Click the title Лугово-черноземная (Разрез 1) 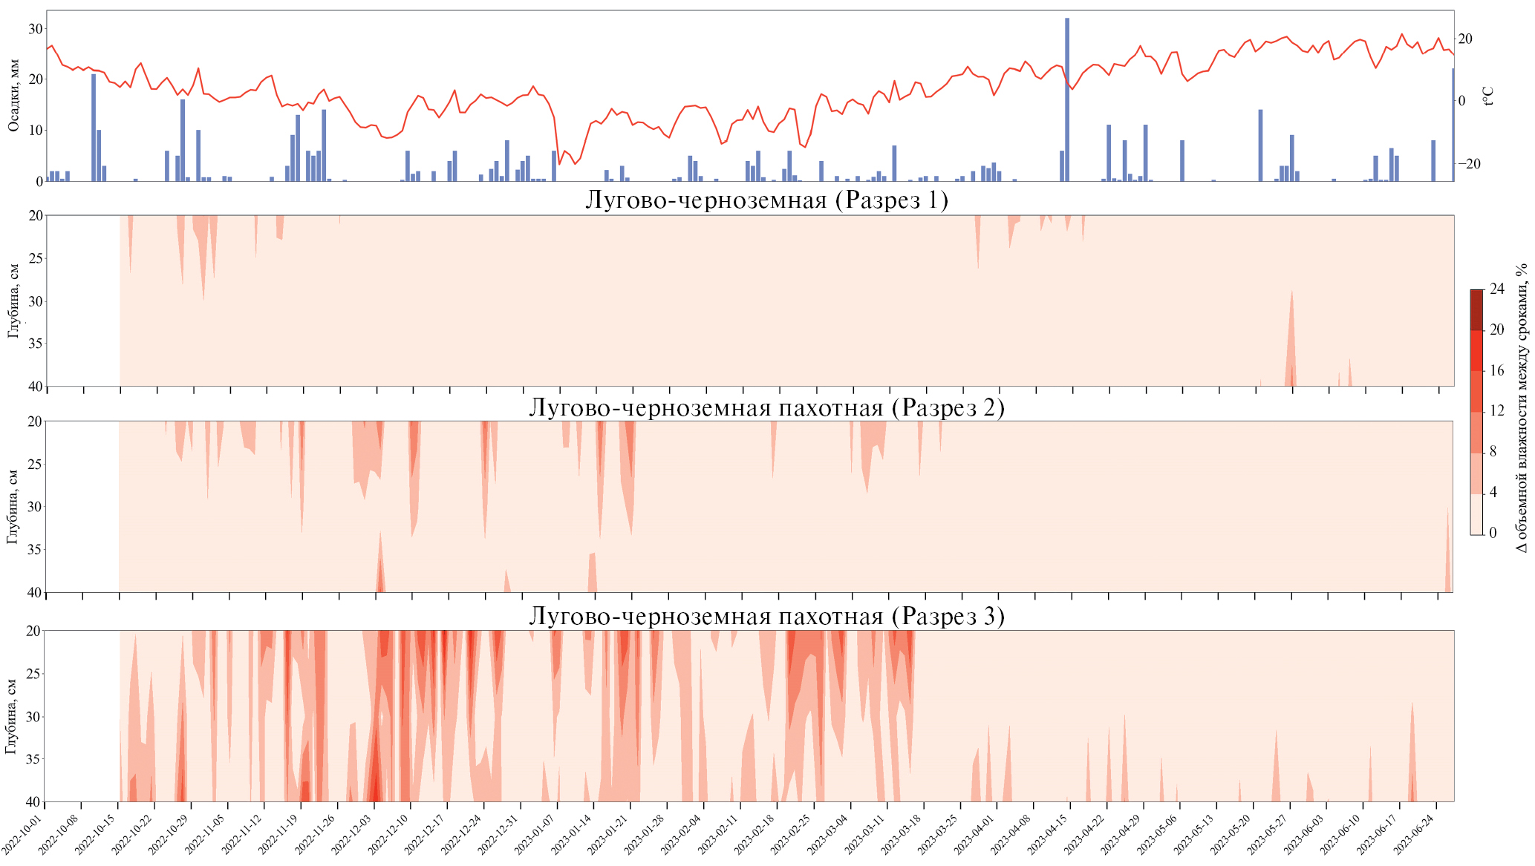click(766, 200)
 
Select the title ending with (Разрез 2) click(766, 408)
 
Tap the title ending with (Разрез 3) click(766, 617)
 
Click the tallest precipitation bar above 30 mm click(1067, 99)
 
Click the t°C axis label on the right click(1487, 96)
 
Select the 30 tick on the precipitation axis click(34, 28)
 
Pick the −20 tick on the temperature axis click(1467, 164)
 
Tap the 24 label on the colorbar click(1496, 289)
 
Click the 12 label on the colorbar click(1496, 411)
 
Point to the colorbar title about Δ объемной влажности click(1522, 407)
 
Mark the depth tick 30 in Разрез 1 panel click(36, 301)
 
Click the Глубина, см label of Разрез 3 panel click(11, 716)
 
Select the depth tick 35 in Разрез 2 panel click(36, 550)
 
